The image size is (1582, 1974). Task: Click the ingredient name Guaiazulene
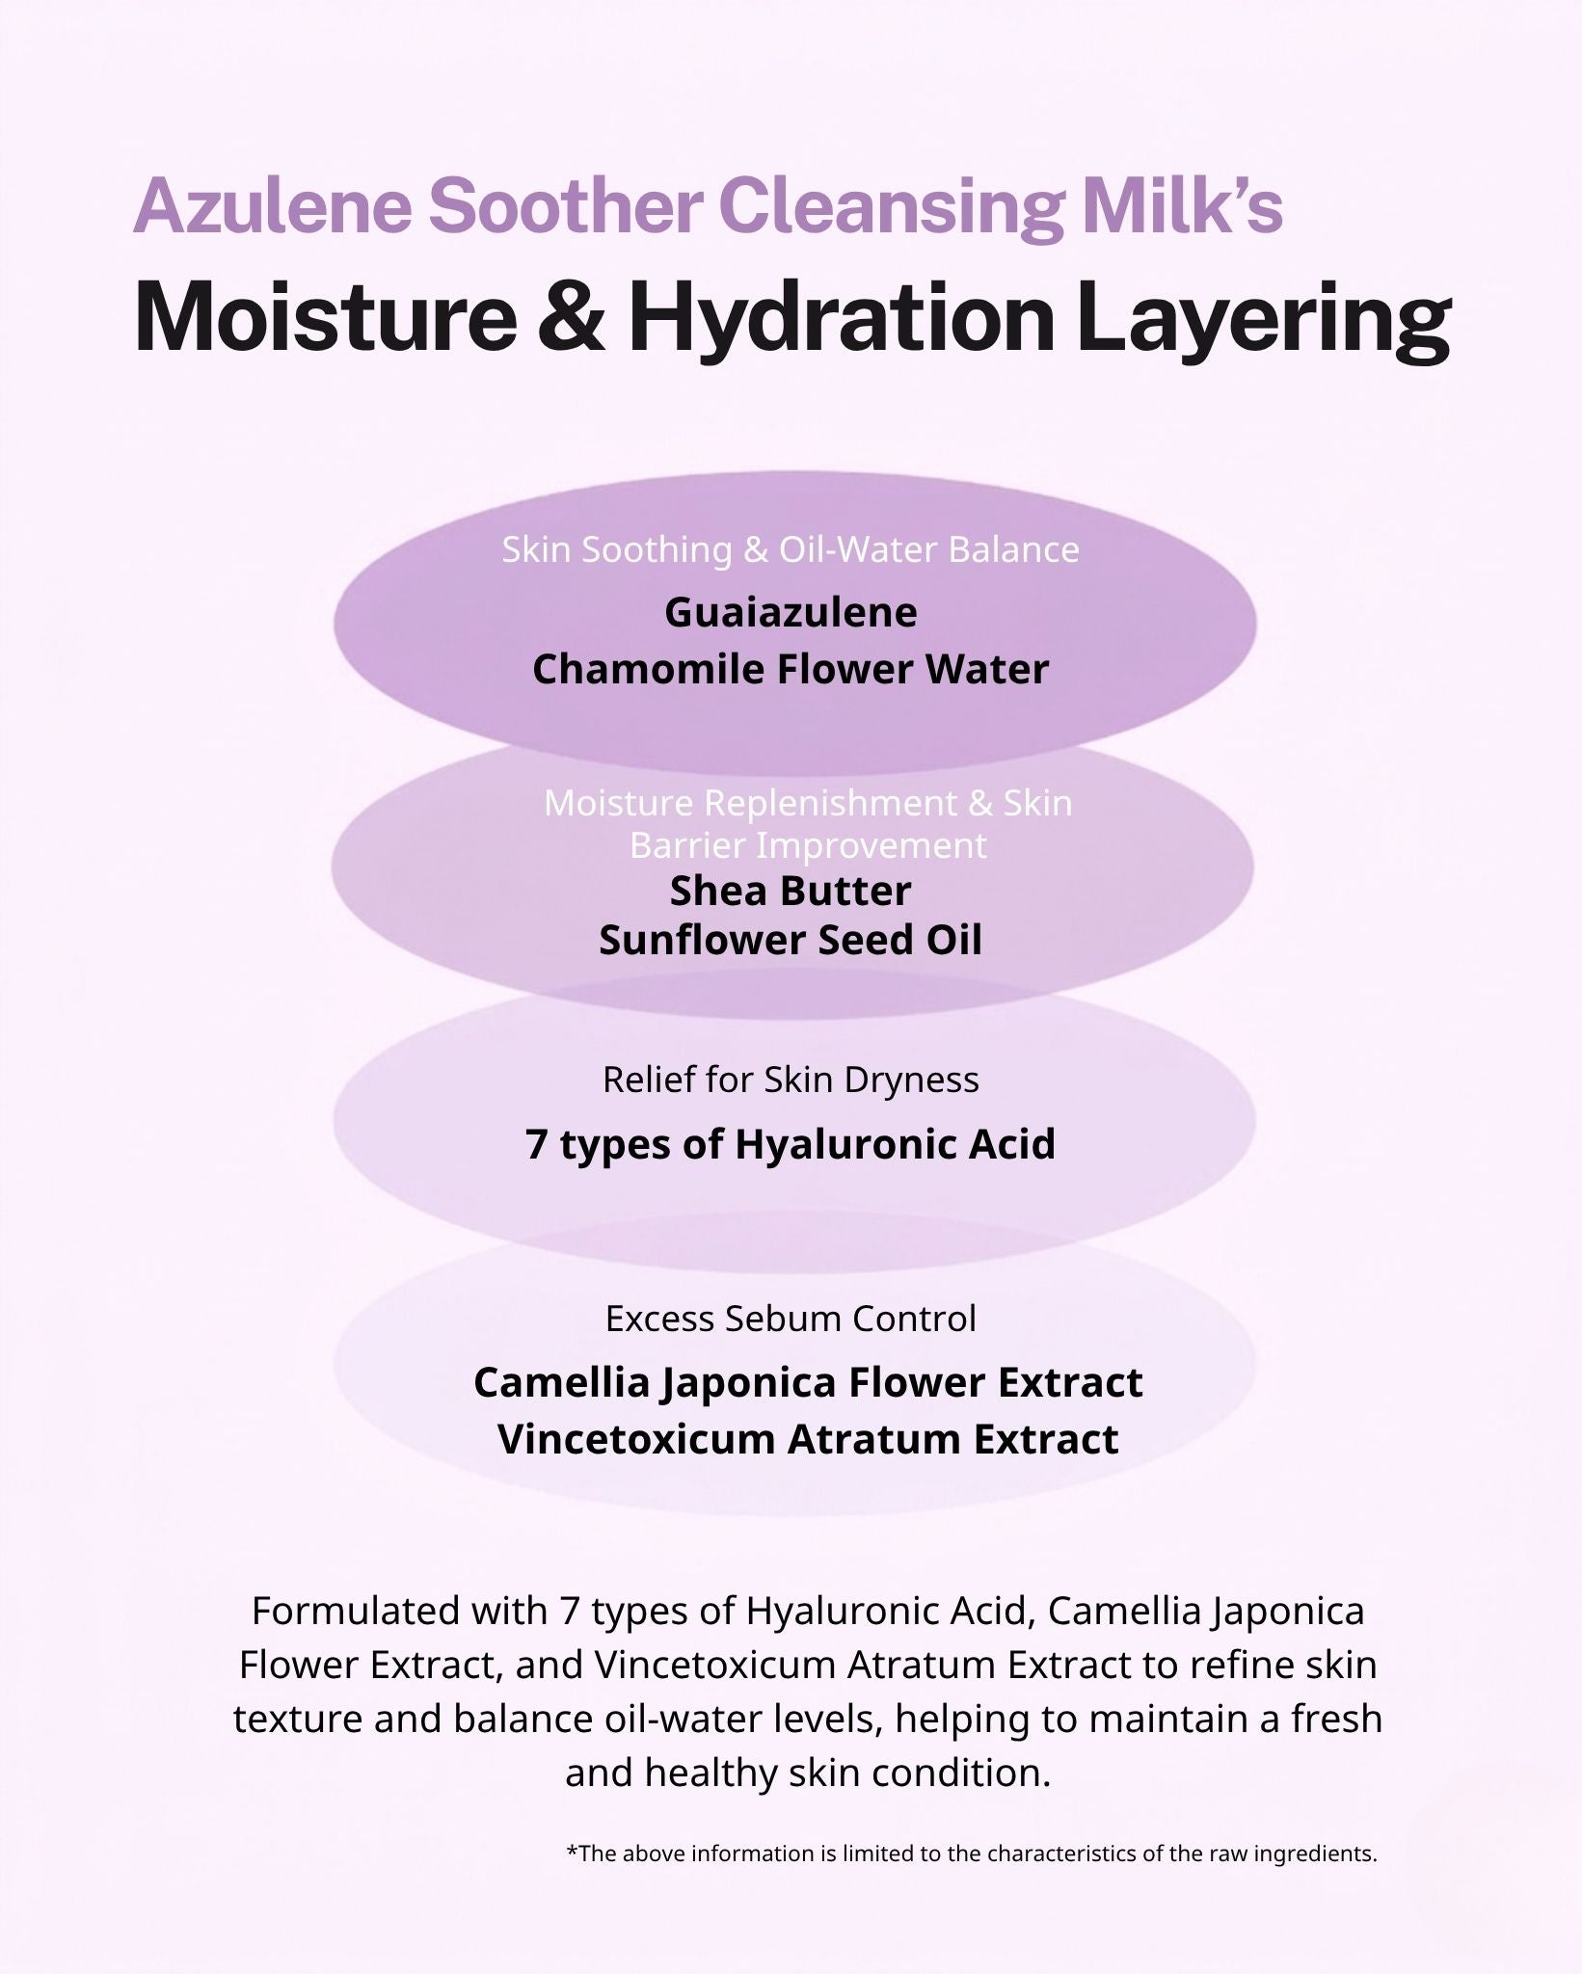coord(791,612)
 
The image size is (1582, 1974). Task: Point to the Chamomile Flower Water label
coord(791,669)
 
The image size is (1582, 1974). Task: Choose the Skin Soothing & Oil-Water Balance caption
coord(791,549)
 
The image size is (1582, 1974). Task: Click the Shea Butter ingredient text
coord(791,891)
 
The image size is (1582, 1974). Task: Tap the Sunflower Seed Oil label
coord(791,940)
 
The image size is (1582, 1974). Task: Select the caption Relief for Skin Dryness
coord(791,1080)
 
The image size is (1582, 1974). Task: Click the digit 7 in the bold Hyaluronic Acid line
coord(538,1144)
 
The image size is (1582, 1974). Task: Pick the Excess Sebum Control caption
coord(791,1318)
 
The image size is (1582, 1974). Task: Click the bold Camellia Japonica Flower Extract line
coord(808,1382)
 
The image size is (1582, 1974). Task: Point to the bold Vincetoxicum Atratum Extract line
coord(808,1439)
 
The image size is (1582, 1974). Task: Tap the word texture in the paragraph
coord(294,1719)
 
